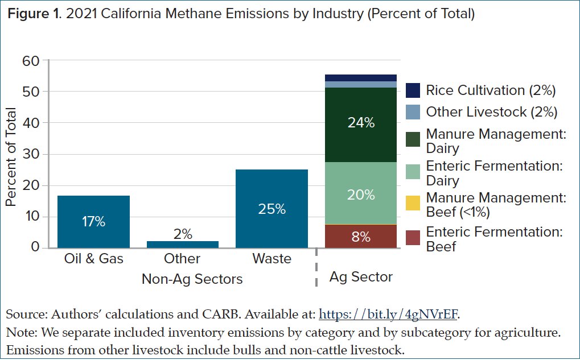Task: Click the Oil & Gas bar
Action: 94,222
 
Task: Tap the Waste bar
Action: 272,209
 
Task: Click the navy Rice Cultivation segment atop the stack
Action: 360,78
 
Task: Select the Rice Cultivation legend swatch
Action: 413,90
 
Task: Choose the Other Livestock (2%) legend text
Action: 491,112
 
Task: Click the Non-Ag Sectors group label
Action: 192,279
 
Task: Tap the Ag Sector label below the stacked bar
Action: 361,277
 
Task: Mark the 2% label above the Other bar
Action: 183,234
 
